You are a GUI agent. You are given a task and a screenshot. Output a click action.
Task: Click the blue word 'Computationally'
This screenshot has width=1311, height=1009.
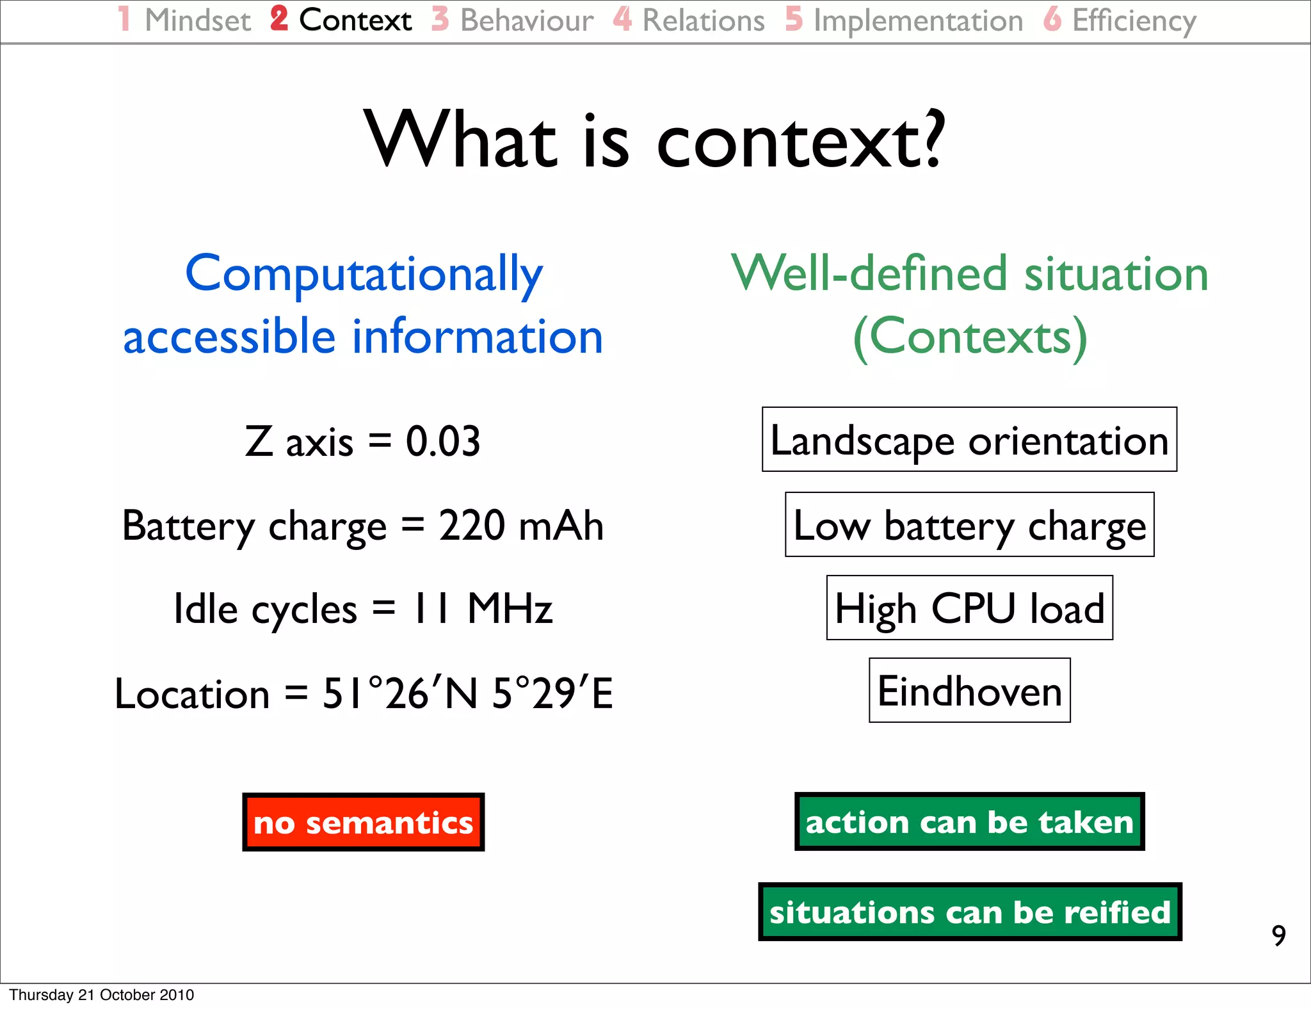tap(364, 274)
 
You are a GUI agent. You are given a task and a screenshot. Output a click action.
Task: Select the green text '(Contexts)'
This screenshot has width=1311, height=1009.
tap(970, 337)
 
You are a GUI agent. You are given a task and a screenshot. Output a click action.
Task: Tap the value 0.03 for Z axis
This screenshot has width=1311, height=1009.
tap(443, 442)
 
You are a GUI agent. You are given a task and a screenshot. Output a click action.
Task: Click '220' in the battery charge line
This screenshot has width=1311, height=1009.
tap(471, 526)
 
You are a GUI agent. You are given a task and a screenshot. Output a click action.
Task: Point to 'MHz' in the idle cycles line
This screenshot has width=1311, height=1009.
tap(510, 608)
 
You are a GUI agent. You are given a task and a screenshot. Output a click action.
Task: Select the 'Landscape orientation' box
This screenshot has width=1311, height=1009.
tap(969, 440)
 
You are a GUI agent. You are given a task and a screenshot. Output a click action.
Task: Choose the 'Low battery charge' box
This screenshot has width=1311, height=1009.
tap(969, 525)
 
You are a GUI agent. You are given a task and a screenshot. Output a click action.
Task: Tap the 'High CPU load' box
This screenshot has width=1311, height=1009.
tap(969, 608)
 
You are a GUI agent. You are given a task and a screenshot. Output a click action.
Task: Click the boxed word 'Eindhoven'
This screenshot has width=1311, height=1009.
tap(969, 691)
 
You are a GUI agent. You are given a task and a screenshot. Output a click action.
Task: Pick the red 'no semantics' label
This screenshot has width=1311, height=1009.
tap(363, 823)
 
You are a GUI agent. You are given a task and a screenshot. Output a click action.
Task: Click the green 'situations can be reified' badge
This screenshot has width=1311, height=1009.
tap(969, 912)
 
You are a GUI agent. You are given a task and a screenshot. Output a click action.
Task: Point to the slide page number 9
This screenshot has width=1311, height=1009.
tap(1278, 935)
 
